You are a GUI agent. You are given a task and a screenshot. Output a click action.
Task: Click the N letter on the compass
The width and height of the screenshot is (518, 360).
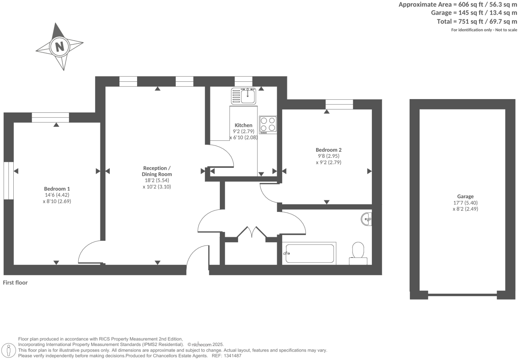click(x=59, y=46)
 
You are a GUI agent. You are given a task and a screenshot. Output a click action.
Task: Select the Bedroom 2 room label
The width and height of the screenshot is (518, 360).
click(x=329, y=150)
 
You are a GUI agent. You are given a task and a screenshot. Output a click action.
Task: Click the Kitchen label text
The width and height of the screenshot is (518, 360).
click(x=243, y=125)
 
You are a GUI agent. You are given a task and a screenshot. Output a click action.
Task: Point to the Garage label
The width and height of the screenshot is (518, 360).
click(x=465, y=197)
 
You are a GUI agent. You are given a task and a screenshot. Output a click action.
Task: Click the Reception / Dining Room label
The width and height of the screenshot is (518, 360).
click(x=157, y=171)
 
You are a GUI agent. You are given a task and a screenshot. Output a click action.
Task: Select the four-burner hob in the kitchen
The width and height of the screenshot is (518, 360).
click(x=268, y=124)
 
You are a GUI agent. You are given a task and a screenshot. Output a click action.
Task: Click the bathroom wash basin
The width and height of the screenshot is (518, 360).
click(x=367, y=219)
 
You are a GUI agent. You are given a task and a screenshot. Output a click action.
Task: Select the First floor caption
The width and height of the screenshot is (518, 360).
click(x=15, y=283)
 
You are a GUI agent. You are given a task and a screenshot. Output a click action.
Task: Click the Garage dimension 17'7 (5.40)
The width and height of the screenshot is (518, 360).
click(x=465, y=203)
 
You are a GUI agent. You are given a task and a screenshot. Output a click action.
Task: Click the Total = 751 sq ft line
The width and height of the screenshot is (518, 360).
click(x=477, y=22)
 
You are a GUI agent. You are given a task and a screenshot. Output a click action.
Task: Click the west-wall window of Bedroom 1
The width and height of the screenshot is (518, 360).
click(x=9, y=181)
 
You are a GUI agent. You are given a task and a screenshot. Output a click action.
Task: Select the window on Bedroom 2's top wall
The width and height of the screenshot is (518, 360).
click(x=339, y=104)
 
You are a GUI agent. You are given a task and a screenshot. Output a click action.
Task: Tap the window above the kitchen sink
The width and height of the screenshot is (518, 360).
click(x=243, y=81)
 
